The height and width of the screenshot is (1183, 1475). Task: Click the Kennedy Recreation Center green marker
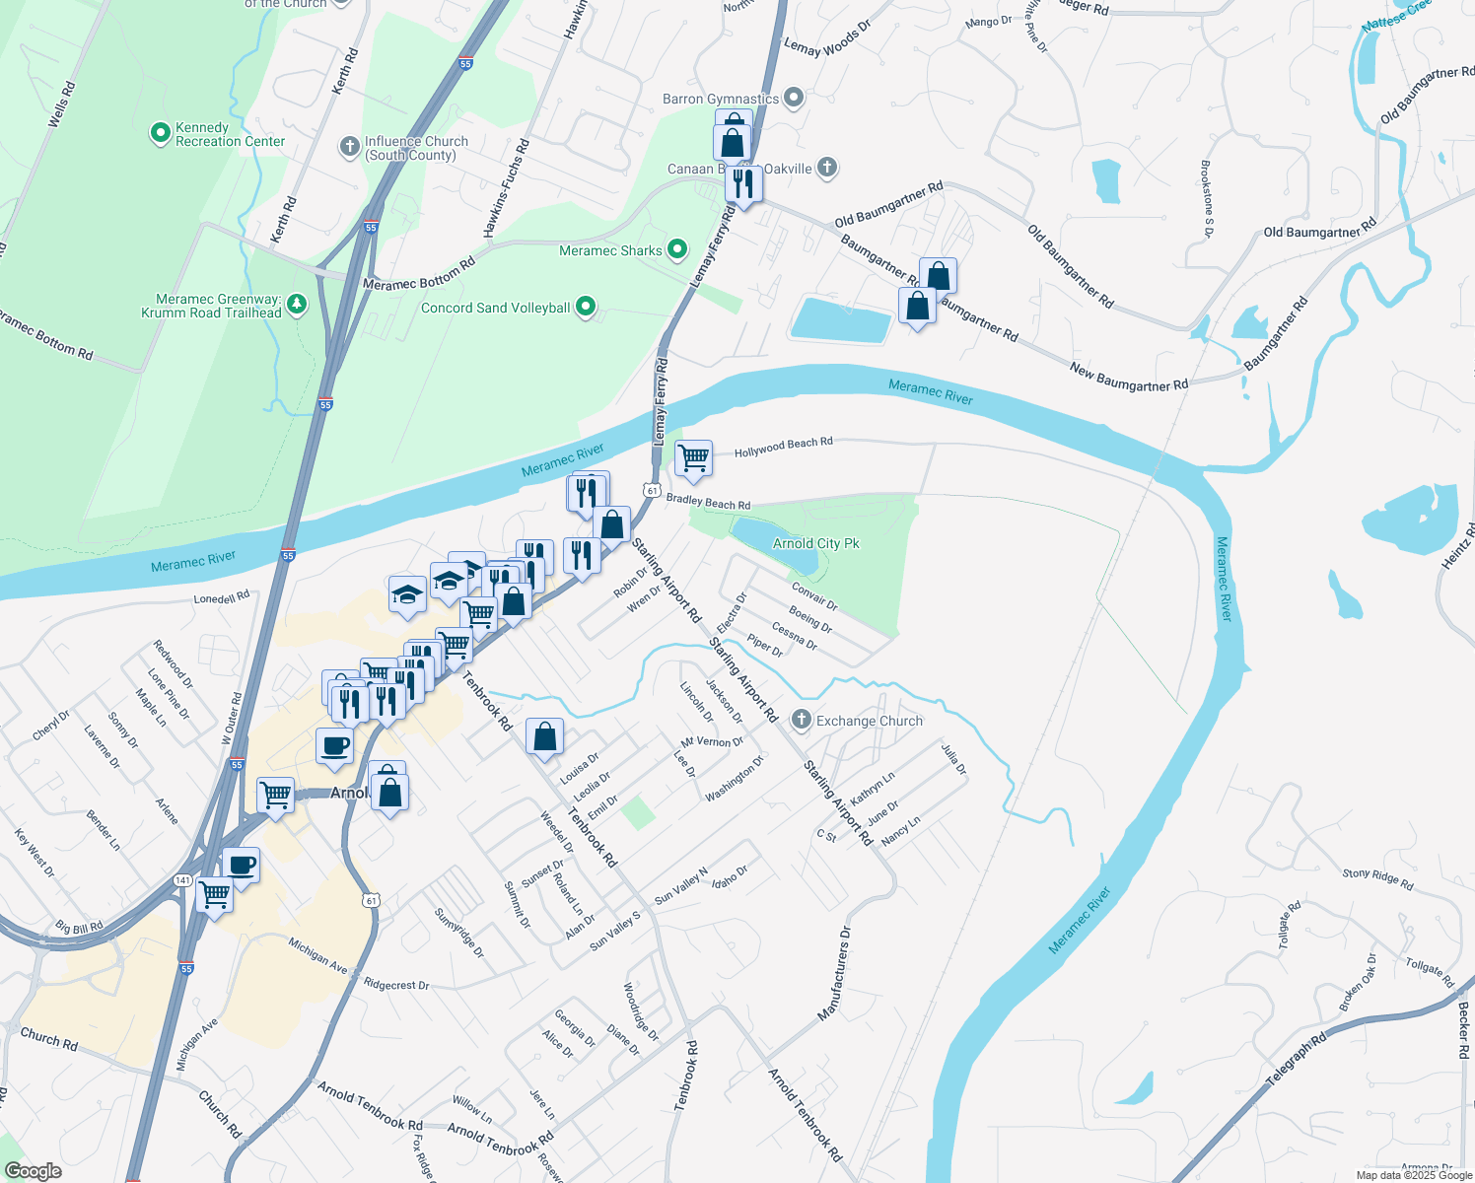(161, 133)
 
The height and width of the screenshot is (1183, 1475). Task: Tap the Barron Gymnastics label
(721, 100)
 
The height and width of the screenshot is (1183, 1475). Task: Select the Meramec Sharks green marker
(677, 250)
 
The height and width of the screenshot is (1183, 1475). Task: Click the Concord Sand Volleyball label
(495, 309)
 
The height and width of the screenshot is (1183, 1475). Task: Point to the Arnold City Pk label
(815, 543)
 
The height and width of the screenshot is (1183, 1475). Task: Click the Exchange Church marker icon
(802, 721)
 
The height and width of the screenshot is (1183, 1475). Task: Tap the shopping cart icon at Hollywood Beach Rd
(694, 458)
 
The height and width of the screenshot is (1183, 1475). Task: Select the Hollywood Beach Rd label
(783, 448)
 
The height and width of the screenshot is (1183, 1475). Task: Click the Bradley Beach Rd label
(708, 502)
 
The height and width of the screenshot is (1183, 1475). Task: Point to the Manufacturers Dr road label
(833, 974)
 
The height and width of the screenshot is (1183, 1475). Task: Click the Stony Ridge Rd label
(1377, 879)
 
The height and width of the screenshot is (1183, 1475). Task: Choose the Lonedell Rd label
(222, 597)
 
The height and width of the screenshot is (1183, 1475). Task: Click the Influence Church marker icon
(349, 147)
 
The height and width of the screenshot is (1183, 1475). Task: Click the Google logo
(33, 1171)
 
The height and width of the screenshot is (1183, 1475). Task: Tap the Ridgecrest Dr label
(396, 985)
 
